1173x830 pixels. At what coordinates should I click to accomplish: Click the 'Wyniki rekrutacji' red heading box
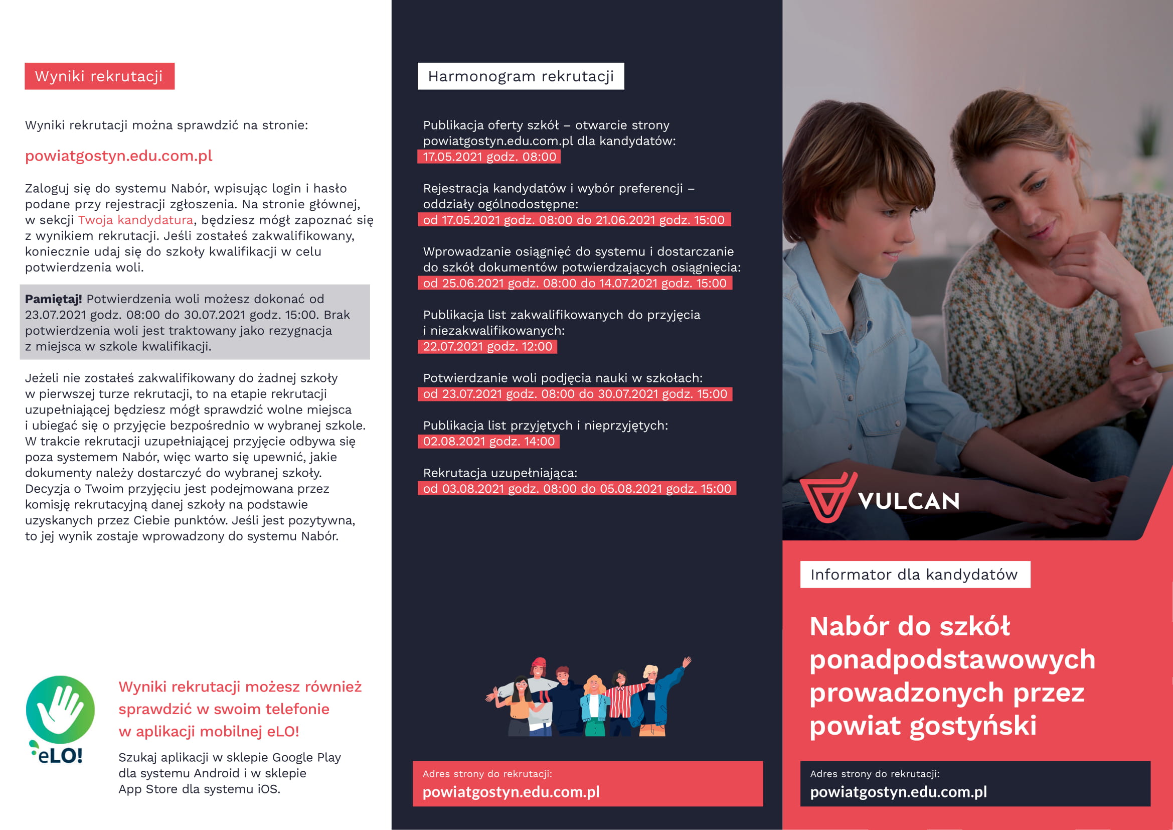(99, 76)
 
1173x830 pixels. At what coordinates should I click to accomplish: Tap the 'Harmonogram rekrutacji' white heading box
(521, 76)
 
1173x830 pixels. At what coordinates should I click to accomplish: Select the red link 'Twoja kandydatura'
(135, 220)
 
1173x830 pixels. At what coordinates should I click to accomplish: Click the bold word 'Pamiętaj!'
(53, 299)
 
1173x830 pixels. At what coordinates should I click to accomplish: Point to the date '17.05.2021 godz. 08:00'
(489, 157)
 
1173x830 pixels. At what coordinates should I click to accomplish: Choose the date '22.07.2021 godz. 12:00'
(487, 347)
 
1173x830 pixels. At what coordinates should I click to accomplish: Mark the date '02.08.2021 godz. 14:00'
(488, 442)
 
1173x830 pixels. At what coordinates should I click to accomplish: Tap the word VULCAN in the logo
(909, 501)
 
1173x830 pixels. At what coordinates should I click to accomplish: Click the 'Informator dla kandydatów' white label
(915, 575)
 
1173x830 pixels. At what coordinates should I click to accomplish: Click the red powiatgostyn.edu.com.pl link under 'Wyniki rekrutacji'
(118, 156)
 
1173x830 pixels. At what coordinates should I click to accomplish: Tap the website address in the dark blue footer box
(898, 792)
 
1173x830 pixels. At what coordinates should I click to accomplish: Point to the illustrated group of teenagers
(588, 698)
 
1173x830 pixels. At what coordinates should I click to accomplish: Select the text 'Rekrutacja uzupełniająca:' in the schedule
(499, 473)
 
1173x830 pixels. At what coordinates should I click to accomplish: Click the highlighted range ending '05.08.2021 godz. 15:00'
(577, 489)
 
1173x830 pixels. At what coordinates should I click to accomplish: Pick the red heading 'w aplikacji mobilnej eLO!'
(209, 731)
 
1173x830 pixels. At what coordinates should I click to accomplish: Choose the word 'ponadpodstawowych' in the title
(952, 660)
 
